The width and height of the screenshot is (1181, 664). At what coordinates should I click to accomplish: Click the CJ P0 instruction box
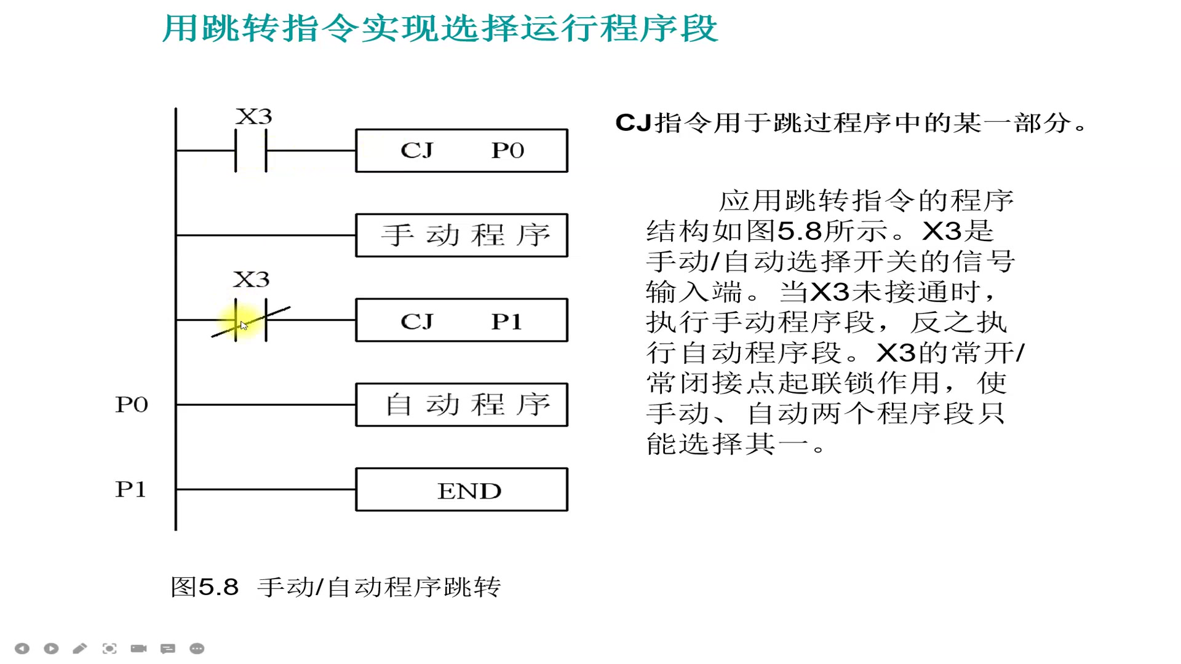(461, 151)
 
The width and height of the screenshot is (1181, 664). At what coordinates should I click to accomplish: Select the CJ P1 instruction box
(461, 320)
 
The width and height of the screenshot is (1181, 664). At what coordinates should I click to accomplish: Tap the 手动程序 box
(461, 235)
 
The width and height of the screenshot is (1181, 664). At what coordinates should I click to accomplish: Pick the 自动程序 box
(461, 405)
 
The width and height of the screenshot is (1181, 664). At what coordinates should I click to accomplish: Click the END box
(461, 490)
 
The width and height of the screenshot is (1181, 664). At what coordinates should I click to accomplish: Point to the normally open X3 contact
(251, 151)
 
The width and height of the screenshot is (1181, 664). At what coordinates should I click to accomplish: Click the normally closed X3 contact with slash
(251, 320)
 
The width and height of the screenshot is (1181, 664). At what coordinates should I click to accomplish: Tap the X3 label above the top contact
(253, 117)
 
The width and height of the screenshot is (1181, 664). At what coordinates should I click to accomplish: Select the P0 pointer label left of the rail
(132, 405)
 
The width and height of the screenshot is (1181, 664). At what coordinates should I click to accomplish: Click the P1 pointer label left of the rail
(131, 489)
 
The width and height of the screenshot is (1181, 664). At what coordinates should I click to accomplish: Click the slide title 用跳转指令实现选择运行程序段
(440, 28)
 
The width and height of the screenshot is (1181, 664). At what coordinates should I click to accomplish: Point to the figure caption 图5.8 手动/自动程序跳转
(336, 587)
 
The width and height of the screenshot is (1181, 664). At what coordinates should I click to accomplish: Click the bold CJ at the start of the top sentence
(633, 123)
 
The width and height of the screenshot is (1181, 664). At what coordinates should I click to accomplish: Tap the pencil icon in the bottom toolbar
(80, 649)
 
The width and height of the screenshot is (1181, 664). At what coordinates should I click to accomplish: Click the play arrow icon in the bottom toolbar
(51, 649)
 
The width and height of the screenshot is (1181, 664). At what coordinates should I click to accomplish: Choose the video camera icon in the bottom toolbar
(138, 649)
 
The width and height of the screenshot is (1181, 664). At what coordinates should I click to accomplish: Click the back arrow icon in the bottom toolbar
(22, 649)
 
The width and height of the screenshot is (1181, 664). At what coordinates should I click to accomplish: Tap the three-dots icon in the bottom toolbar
(197, 649)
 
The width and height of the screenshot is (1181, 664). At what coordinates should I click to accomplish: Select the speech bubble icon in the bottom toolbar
(167, 649)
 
